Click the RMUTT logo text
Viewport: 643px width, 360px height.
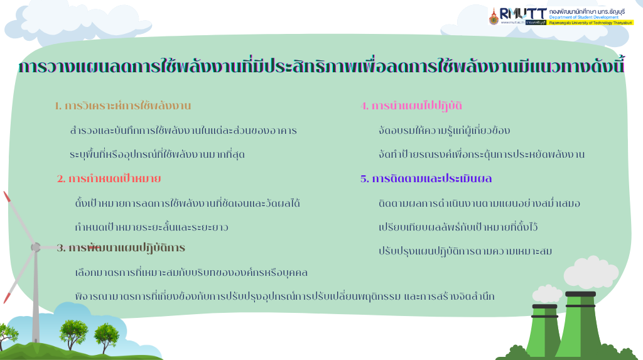(523, 14)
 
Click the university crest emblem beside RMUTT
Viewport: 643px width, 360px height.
(494, 16)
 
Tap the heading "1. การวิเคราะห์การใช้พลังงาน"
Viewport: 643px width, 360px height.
(123, 106)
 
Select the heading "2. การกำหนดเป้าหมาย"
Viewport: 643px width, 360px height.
(109, 178)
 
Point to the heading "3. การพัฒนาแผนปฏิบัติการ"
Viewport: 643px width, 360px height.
(121, 248)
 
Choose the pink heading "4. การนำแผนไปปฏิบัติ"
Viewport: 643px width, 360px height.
(411, 106)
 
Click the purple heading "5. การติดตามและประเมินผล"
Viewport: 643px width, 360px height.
(426, 178)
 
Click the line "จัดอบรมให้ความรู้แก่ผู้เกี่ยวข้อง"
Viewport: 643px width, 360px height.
(444, 131)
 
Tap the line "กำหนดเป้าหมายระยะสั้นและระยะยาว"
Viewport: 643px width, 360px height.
(151, 227)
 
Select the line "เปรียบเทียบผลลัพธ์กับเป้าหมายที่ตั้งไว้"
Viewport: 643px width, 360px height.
(458, 227)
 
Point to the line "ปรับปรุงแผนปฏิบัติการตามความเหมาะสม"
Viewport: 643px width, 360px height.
(465, 251)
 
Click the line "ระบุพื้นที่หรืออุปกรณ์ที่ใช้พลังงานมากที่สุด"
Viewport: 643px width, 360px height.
(157, 155)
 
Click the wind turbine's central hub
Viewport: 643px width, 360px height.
(36, 247)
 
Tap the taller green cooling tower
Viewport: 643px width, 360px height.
(580, 324)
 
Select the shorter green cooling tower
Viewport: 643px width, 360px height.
(544, 330)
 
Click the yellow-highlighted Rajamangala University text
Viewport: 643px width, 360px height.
(591, 23)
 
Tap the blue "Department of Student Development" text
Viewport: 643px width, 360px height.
(584, 18)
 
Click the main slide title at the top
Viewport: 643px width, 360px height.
(321, 66)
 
